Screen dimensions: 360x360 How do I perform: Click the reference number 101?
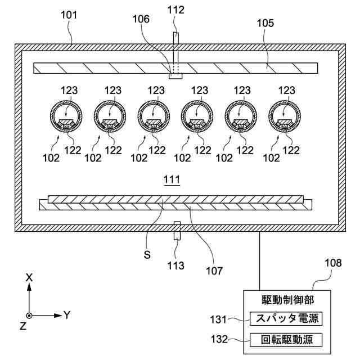(x=69, y=15)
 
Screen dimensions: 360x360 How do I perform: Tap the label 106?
(x=141, y=19)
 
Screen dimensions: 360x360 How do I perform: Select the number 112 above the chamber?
(x=175, y=10)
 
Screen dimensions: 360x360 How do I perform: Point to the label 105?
(x=265, y=23)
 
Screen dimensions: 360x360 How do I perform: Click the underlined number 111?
(x=172, y=179)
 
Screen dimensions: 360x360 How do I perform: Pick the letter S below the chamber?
(x=147, y=255)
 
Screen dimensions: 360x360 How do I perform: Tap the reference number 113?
(x=175, y=266)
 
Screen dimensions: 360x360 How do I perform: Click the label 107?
(x=214, y=271)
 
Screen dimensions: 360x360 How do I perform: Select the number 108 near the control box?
(x=333, y=263)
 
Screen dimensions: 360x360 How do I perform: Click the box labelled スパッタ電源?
(x=286, y=318)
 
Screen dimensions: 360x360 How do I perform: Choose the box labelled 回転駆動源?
(x=286, y=340)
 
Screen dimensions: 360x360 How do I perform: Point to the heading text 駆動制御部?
(x=288, y=300)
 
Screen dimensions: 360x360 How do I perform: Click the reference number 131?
(x=219, y=319)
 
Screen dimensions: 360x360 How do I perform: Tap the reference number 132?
(x=219, y=339)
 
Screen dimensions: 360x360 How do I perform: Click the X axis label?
(x=29, y=278)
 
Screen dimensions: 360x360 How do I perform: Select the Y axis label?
(x=67, y=315)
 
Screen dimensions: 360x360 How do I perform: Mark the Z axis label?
(x=23, y=326)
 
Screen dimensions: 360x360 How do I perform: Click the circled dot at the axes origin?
(x=29, y=316)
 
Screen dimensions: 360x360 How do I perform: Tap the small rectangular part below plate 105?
(x=175, y=76)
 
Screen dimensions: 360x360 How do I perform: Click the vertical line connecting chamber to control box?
(x=260, y=261)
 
